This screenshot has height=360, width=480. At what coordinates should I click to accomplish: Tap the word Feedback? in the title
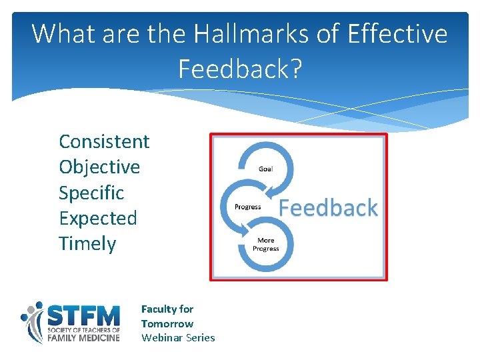pyautogui.click(x=240, y=68)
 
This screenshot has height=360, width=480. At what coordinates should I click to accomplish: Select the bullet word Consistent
pyautogui.click(x=104, y=141)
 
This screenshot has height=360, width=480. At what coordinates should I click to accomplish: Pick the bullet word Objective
pyautogui.click(x=99, y=167)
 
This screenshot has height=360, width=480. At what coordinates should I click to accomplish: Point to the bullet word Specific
pyautogui.click(x=91, y=193)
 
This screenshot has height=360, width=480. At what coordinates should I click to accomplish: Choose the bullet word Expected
pyautogui.click(x=97, y=218)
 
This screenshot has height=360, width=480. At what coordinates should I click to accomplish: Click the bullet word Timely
pyautogui.click(x=87, y=243)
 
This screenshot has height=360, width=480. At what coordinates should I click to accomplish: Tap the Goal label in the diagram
pyautogui.click(x=265, y=169)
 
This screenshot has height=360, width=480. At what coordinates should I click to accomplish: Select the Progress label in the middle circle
pyautogui.click(x=247, y=207)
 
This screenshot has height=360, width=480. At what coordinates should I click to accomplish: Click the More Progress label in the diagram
pyautogui.click(x=265, y=244)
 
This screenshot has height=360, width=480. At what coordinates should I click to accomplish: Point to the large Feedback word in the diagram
pyautogui.click(x=328, y=208)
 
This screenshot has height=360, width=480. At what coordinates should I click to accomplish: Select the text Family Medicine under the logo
pyautogui.click(x=83, y=338)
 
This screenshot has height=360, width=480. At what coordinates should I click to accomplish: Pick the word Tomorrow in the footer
pyautogui.click(x=167, y=323)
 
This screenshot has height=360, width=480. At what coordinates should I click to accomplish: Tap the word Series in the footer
pyautogui.click(x=200, y=337)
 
